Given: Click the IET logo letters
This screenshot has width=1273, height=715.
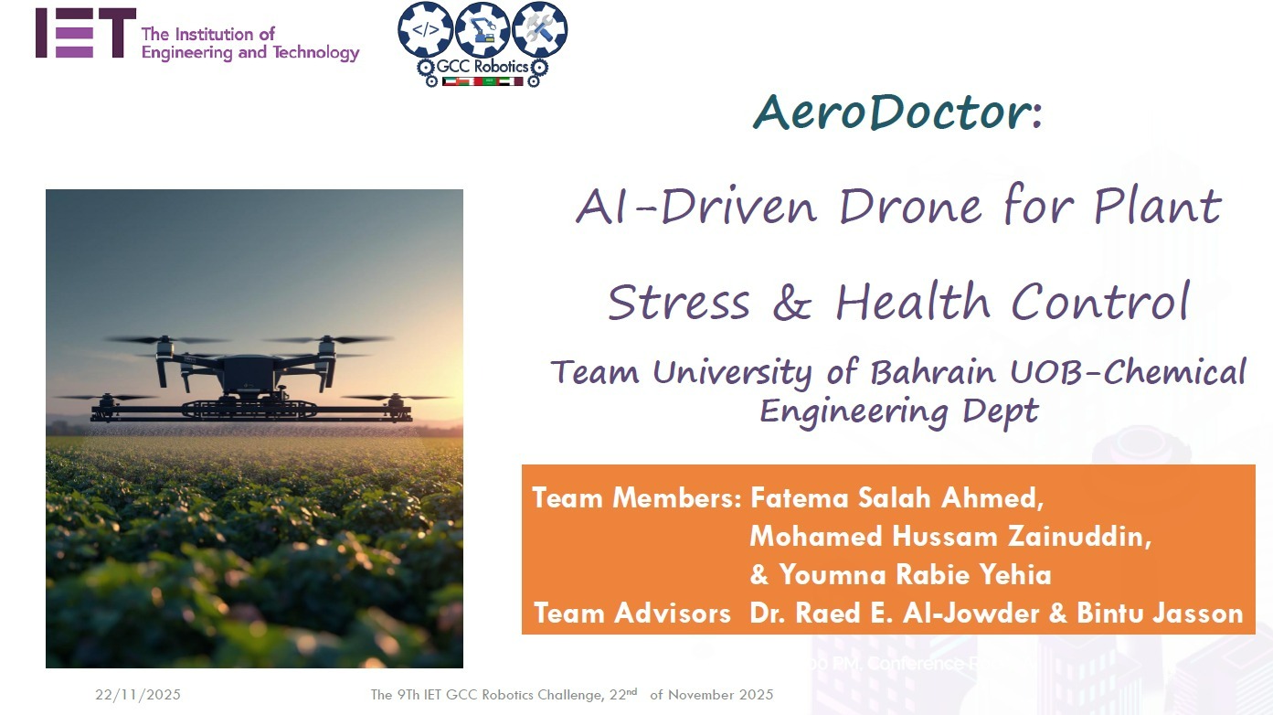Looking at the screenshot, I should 85,34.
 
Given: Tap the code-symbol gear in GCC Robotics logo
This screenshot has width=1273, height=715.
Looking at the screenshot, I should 425,29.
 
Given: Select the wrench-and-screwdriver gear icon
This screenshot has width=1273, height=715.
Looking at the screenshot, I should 539,29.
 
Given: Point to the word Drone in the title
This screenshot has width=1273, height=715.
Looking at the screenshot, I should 914,206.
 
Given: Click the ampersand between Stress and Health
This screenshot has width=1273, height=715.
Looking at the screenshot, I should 791,303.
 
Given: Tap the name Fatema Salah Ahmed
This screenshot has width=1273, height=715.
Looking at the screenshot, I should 896,498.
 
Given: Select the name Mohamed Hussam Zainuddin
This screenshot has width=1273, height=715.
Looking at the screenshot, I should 949,537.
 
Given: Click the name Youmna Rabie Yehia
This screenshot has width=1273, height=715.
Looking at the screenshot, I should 914,575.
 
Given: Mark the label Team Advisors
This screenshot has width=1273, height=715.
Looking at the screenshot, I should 631,613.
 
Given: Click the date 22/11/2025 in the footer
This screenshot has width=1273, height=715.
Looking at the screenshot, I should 138,695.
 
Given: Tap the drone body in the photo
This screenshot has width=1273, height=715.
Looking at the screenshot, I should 249,375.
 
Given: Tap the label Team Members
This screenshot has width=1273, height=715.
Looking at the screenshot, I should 636,498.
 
